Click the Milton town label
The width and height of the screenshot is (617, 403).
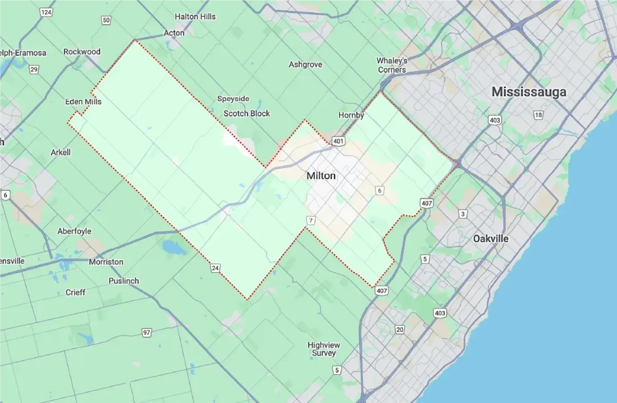click(321, 176)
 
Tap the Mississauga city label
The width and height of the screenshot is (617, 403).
click(529, 92)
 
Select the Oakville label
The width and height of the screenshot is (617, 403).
click(491, 239)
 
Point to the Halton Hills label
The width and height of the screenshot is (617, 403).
click(195, 16)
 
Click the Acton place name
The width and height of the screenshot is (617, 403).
click(174, 33)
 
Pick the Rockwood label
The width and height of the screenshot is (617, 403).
click(82, 52)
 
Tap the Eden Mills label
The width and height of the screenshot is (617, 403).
click(83, 102)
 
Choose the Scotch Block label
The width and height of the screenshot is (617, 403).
click(246, 114)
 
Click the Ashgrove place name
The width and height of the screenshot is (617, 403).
click(305, 65)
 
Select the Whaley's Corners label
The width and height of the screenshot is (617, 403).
click(392, 65)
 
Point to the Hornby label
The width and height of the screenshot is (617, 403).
click(351, 116)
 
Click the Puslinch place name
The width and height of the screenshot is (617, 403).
click(123, 281)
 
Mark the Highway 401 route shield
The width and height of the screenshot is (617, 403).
click(338, 141)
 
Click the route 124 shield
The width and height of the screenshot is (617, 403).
click(47, 12)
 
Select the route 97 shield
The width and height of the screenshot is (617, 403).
click(147, 333)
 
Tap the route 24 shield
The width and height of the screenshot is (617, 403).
click(215, 268)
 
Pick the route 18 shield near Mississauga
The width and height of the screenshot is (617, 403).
click(538, 115)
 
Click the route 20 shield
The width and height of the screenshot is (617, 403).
click(400, 329)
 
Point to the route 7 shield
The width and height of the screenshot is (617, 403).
click(310, 221)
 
